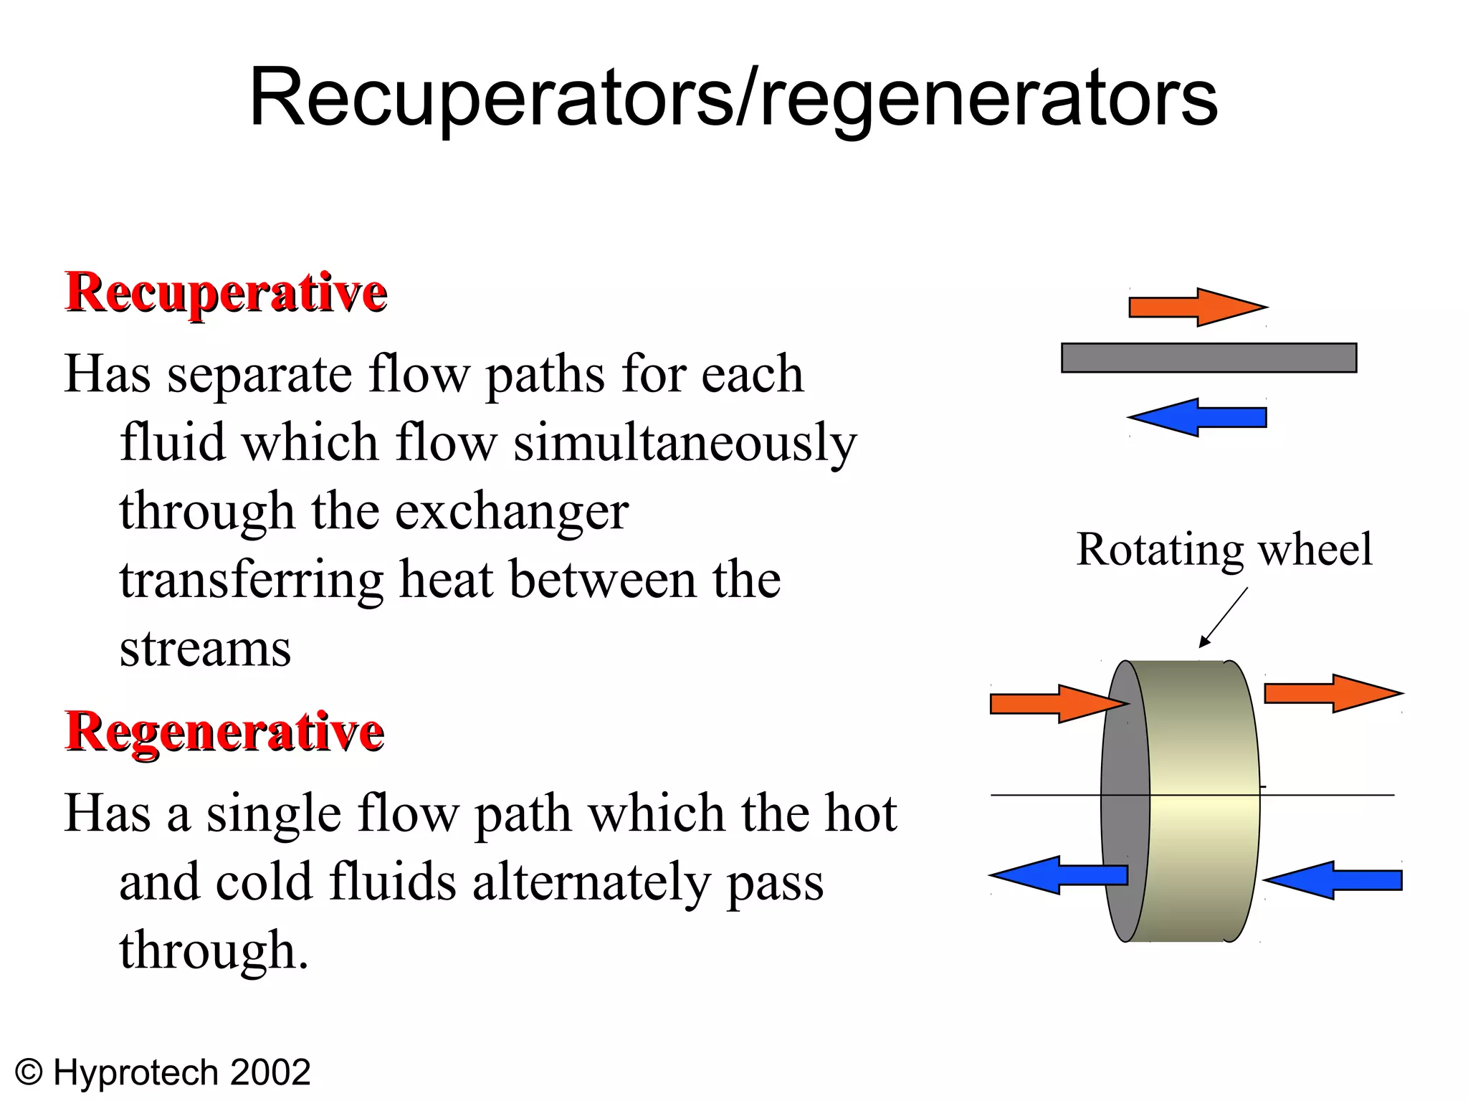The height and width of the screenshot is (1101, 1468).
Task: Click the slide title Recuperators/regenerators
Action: (733, 98)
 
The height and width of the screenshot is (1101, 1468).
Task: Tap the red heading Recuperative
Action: (227, 293)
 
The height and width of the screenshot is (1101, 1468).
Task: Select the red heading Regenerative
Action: (225, 733)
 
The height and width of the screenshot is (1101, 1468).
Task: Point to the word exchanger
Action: (512, 512)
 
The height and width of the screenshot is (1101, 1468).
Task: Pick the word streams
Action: (205, 649)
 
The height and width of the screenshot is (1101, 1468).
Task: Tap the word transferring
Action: (251, 580)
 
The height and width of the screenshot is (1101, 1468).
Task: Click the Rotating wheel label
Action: (1224, 550)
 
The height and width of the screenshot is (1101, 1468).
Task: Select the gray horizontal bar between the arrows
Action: (1209, 358)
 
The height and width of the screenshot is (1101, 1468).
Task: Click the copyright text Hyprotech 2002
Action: (163, 1073)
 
